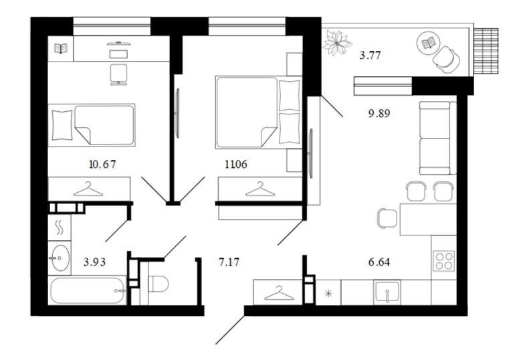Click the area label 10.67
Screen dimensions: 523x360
[x=103, y=164]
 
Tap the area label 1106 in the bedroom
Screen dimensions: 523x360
[x=236, y=164]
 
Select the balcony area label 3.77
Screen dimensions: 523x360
[x=370, y=55]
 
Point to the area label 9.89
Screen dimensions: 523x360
[x=379, y=114]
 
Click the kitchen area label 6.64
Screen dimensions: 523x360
[x=379, y=262]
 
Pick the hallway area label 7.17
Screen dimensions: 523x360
[x=229, y=262]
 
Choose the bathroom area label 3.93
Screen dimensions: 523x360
[x=94, y=262]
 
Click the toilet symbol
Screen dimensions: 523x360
[x=158, y=284]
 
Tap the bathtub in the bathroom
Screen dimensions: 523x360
[x=88, y=290]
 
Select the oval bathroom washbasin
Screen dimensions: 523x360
[x=60, y=258]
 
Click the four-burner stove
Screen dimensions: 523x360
[x=444, y=260]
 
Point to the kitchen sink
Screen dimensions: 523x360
[x=387, y=292]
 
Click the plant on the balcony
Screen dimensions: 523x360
[x=337, y=42]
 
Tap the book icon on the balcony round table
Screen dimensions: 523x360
[x=428, y=43]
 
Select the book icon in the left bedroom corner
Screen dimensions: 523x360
[x=61, y=48]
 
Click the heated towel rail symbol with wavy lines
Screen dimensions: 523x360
[x=59, y=228]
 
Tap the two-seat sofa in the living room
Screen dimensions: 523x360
[x=437, y=138]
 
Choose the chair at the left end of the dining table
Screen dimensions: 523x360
[x=388, y=219]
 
